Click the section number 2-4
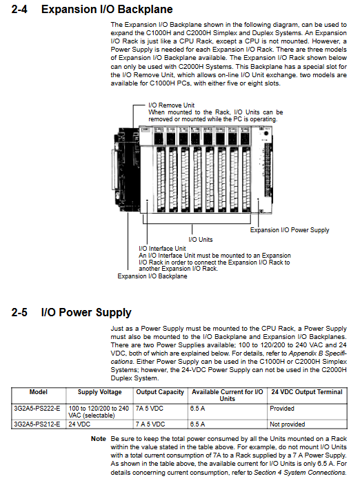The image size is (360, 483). pos(19,9)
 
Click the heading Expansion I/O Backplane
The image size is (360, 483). pos(107,9)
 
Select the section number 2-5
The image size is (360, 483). pos(19,312)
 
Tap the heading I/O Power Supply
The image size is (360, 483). pos(86,313)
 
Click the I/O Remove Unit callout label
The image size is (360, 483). pos(171,105)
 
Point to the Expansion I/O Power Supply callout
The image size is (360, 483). pos(290,230)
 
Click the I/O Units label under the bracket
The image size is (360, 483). pos(201,240)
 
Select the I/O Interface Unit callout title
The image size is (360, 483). pos(163,249)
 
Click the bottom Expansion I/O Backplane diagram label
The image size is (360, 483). pos(152,276)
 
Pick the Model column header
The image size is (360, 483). pos(39,392)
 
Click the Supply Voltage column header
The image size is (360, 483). pos(99,392)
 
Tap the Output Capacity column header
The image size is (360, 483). pos(160,392)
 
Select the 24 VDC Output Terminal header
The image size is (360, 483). pos(307,392)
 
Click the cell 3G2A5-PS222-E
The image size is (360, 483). pos(37,409)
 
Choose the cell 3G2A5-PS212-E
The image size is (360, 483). pos(37,424)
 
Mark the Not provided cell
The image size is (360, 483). pos(288,424)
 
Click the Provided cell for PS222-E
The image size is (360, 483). pos(282,409)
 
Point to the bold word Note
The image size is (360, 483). pos(99,439)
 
